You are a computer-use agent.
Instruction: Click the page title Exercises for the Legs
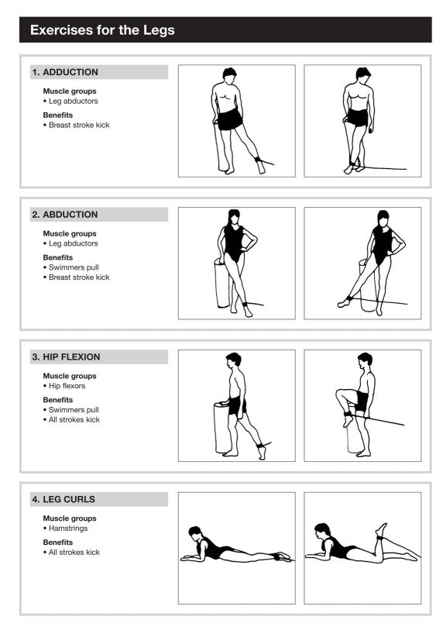coord(102,30)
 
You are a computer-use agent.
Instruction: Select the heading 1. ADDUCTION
coord(65,72)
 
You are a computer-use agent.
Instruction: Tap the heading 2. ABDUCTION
coord(65,215)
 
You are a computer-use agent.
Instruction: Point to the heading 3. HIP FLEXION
coord(66,357)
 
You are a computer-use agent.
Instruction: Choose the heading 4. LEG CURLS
coord(64,500)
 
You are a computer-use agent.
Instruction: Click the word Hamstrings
coord(70,529)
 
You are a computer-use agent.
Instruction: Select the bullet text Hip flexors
coord(67,386)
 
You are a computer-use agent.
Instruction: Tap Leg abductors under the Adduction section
coord(73,101)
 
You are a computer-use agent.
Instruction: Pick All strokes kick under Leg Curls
coord(74,553)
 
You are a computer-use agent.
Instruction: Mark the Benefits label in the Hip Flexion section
coord(58,400)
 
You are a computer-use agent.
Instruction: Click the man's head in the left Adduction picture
coord(229,74)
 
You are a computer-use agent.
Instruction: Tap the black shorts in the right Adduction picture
coord(357,117)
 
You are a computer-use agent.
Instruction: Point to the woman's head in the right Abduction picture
coord(383,217)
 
